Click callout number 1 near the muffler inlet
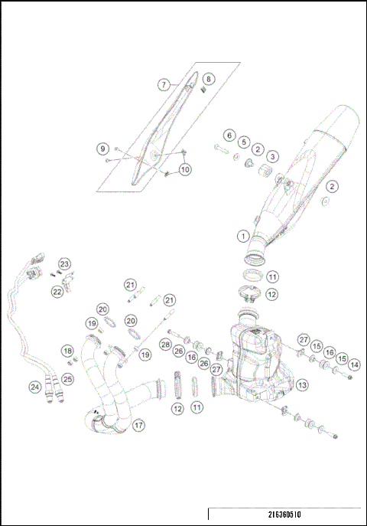(x=242, y=236)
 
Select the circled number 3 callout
(x=272, y=156)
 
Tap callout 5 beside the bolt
(x=243, y=142)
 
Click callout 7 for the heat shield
(x=164, y=85)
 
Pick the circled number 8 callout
(x=209, y=79)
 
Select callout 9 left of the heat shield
(x=102, y=148)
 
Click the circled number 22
(x=57, y=291)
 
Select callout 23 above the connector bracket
(x=64, y=263)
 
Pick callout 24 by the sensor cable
(x=34, y=387)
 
